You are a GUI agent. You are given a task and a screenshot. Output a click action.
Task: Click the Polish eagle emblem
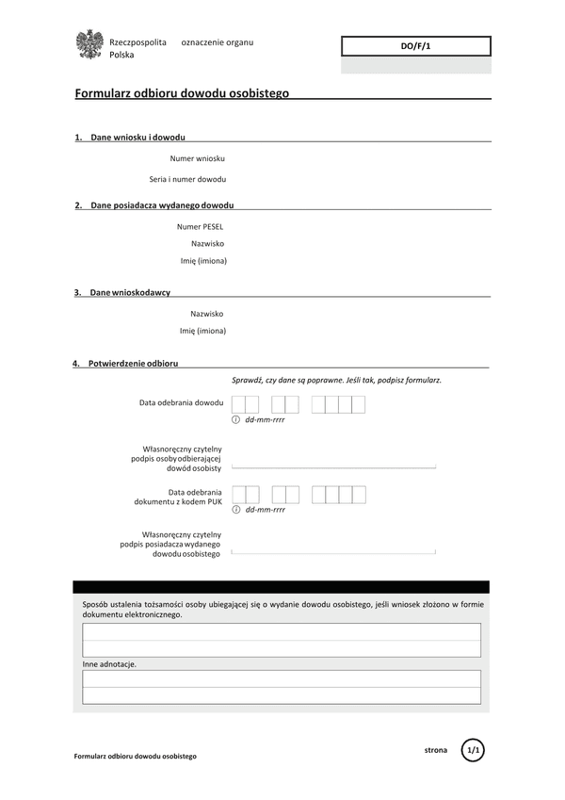(x=89, y=45)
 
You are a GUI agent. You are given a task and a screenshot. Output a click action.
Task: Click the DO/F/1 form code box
(x=415, y=46)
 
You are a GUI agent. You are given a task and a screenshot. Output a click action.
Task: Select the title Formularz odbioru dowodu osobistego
(x=182, y=93)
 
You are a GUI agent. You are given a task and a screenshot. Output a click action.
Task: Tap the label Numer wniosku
(x=197, y=158)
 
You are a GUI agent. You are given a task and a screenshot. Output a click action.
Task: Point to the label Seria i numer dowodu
(x=187, y=179)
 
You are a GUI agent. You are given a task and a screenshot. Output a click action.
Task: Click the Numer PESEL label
(x=200, y=226)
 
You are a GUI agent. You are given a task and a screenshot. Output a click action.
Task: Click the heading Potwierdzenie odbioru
(x=133, y=363)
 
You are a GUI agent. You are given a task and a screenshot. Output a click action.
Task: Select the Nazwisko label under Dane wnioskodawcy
(x=207, y=314)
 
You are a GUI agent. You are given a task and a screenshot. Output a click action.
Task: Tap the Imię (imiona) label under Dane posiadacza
(x=203, y=261)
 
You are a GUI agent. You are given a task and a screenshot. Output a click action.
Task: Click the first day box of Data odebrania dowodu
(x=238, y=404)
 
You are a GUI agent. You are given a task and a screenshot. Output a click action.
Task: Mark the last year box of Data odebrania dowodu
(x=359, y=404)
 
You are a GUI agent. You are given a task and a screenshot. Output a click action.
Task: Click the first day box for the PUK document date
(x=238, y=495)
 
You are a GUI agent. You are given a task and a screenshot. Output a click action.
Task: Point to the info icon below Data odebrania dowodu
(x=236, y=419)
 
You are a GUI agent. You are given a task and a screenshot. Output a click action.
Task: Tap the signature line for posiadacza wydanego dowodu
(x=333, y=550)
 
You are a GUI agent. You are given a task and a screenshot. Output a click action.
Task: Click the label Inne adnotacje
(x=109, y=664)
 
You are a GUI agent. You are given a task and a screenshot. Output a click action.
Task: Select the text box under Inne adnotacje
(x=281, y=687)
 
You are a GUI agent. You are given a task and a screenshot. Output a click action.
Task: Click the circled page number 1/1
(x=474, y=750)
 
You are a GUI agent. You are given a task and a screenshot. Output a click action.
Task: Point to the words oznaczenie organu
(x=217, y=42)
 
